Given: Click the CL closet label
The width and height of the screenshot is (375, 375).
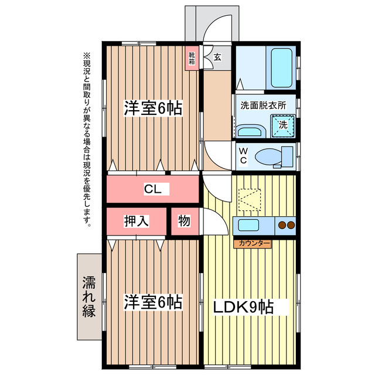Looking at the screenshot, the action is tap(153, 189).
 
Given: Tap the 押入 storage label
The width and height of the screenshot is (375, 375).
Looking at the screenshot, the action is tap(137, 221).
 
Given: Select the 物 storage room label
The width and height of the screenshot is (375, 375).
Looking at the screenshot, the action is tap(184, 220).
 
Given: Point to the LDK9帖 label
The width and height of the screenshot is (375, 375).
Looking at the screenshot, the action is tap(244, 307).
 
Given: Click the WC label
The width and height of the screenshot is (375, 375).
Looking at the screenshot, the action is tap(244, 156).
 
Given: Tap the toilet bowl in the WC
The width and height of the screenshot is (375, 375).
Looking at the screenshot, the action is tap(268, 157).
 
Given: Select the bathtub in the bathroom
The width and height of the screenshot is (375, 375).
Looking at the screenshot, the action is tap(281, 67).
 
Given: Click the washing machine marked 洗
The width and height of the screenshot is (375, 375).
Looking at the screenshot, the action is tap(283, 126).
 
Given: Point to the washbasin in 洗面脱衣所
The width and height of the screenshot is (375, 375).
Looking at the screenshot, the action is tap(250, 131).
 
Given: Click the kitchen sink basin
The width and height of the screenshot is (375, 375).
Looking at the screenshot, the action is tap(248, 225).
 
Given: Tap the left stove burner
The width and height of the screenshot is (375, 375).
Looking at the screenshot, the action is tap(282, 225).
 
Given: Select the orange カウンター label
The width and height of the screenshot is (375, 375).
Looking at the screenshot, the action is tap(253, 244).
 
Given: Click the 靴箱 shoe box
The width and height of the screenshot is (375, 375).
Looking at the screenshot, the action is tap(192, 59).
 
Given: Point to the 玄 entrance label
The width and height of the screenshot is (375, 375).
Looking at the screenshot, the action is tap(217, 57).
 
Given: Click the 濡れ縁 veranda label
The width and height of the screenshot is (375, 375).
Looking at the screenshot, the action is tap(89, 296).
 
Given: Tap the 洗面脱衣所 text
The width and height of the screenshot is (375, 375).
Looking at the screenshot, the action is tap(263, 105).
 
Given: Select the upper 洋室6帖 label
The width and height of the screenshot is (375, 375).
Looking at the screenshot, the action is tap(153, 108).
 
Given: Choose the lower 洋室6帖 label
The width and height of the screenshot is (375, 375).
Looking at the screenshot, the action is tap(153, 302).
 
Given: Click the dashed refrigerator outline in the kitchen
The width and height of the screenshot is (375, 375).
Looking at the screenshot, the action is tap(250, 200).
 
